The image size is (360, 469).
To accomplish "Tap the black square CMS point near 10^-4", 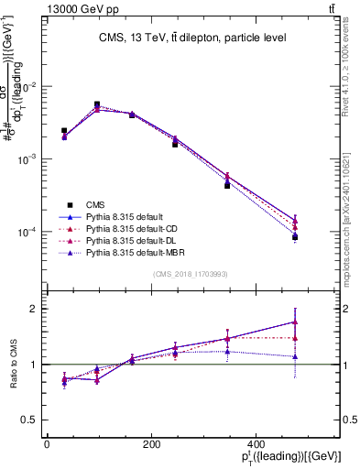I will (295, 237).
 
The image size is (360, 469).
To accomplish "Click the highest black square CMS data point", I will (97, 104).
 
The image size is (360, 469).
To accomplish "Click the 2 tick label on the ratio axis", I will (35, 309).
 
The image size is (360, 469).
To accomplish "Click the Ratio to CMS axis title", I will (13, 364).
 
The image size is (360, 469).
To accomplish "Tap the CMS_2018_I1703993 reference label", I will (191, 274).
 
